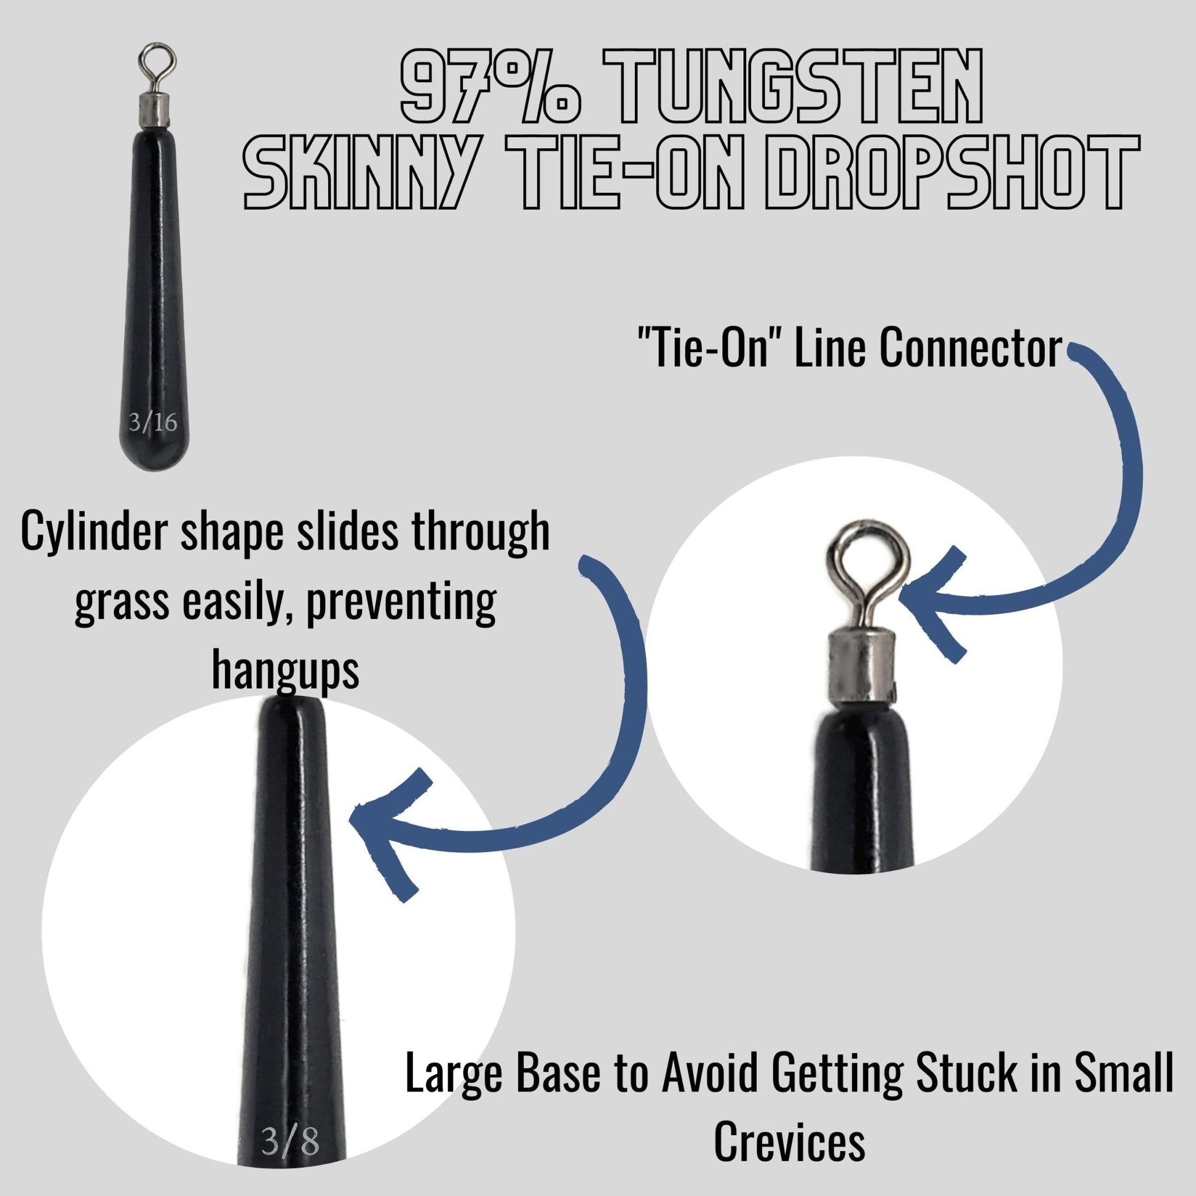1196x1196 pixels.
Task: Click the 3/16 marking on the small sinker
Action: click(x=153, y=423)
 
